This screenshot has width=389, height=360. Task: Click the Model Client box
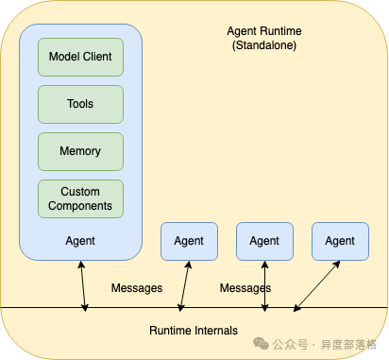click(80, 57)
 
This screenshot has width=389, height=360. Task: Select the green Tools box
click(80, 104)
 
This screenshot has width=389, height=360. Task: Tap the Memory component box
click(80, 151)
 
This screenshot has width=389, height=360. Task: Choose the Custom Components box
click(80, 198)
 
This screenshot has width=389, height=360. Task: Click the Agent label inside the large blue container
click(80, 241)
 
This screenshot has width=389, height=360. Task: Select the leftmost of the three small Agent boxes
click(189, 241)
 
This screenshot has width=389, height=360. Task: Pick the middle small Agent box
click(264, 241)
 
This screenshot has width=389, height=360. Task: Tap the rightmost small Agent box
click(340, 241)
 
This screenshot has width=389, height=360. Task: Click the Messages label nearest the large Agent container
click(137, 287)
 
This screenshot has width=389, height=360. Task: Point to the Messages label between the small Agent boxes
click(245, 287)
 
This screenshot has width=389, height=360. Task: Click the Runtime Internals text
click(194, 331)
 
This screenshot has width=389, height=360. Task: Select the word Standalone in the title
click(265, 45)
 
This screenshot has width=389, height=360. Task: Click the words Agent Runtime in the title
click(265, 31)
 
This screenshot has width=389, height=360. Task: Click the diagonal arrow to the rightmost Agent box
click(317, 285)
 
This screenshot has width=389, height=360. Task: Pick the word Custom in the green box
click(80, 192)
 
